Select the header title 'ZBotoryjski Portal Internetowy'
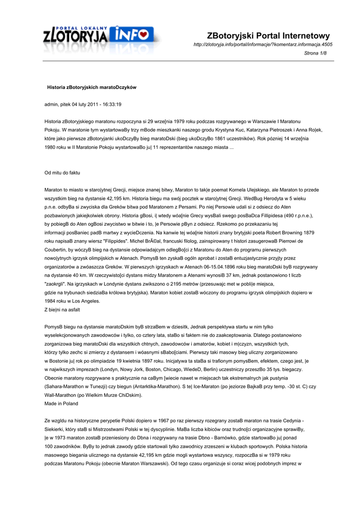(268, 36)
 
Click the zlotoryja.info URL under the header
(263, 45)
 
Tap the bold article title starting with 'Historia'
(91, 87)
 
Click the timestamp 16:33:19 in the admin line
(110, 104)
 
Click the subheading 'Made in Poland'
(61, 404)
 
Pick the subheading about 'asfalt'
(63, 310)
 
